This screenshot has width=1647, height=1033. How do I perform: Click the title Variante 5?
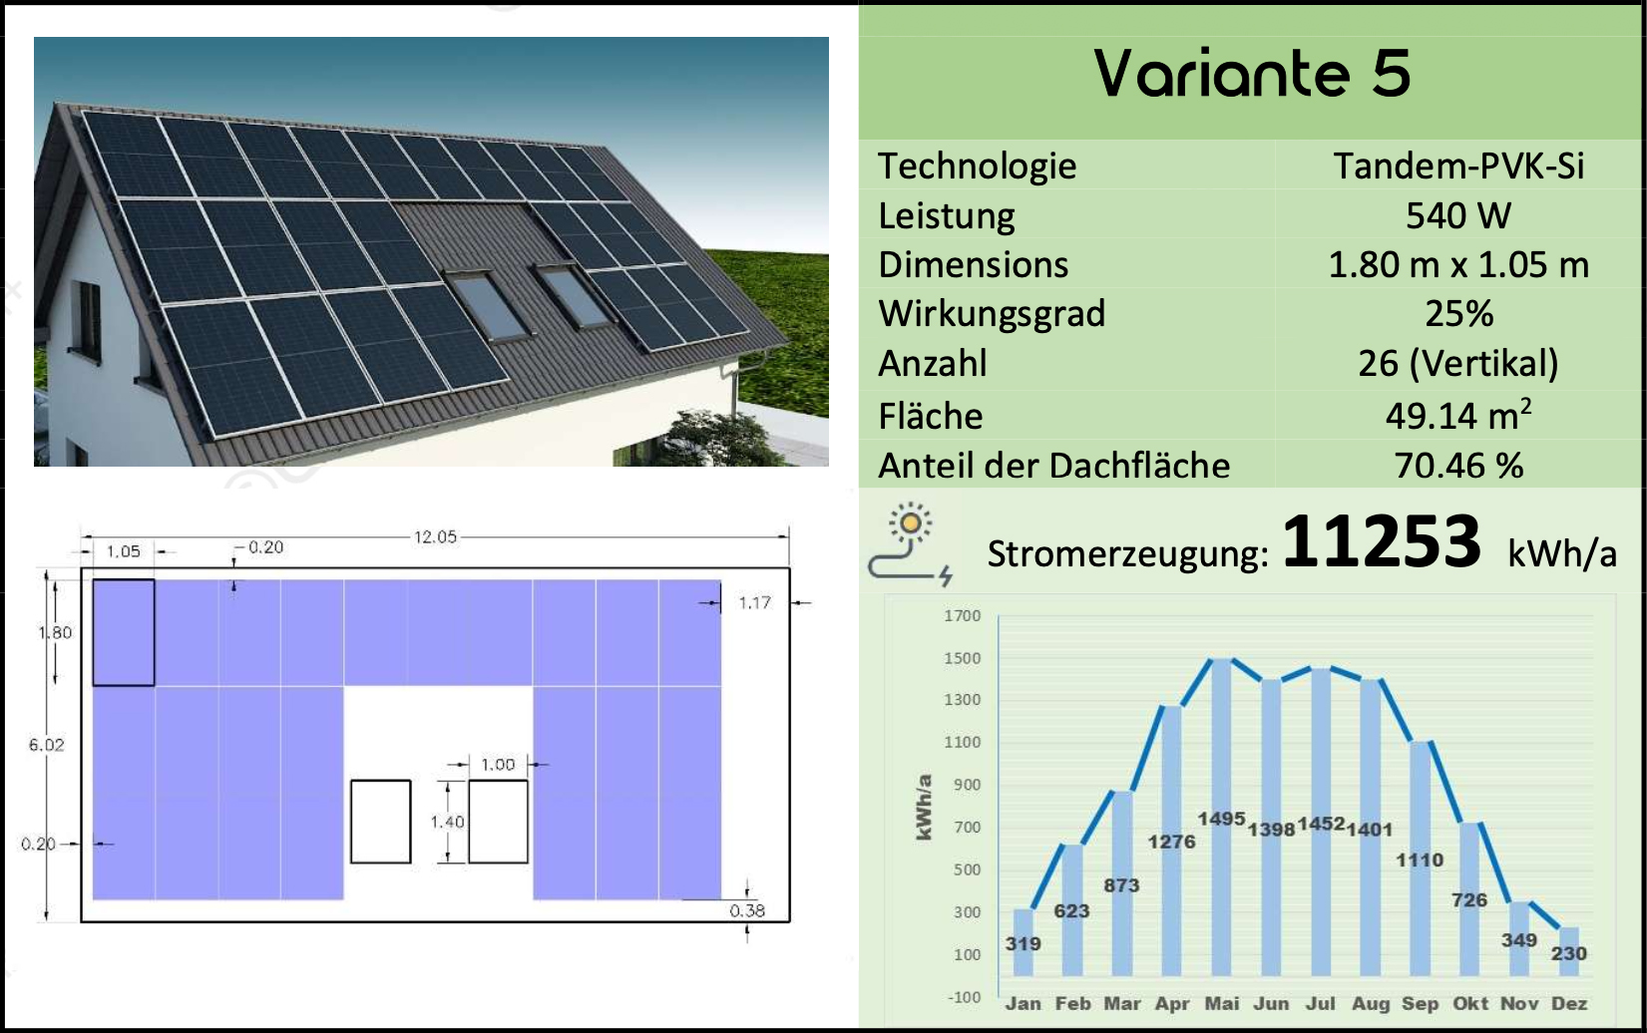coord(1252,74)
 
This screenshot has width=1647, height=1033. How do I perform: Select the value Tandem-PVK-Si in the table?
coord(1458,167)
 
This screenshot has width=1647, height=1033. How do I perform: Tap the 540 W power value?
coord(1458,216)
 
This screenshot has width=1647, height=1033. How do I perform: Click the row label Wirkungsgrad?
coord(992,314)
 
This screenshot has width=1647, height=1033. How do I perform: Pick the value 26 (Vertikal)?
coord(1458,364)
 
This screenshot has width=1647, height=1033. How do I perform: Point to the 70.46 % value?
coord(1458,466)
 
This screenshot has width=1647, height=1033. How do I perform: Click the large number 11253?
coord(1382,542)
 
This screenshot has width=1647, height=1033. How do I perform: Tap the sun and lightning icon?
coord(910,543)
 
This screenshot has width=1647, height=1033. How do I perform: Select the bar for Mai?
coord(1221,817)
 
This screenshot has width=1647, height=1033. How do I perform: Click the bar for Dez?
coord(1568,951)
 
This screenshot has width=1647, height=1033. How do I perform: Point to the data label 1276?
coord(1172,842)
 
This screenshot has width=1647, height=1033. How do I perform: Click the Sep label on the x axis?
coord(1420,1004)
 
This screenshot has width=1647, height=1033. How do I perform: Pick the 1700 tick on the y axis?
coord(963,615)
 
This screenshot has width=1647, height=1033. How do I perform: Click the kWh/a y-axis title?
coord(924,807)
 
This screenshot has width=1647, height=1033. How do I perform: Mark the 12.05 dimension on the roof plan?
coord(435,537)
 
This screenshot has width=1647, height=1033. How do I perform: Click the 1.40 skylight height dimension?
coord(448,822)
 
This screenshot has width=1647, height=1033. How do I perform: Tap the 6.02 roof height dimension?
coord(46,745)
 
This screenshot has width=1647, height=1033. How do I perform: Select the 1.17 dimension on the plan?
coord(755,603)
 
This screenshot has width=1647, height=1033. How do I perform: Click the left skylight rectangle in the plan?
coord(380,822)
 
